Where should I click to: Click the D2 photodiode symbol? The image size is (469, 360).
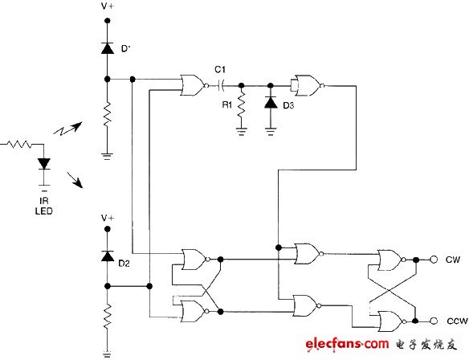108,256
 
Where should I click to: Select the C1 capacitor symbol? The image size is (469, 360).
218,84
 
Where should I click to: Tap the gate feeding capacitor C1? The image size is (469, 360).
194,84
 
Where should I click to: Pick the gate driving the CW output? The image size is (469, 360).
391,260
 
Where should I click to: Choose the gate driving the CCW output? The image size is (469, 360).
391,319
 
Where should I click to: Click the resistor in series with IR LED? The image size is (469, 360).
19,145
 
